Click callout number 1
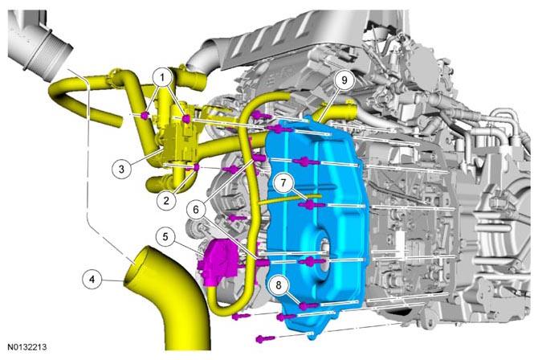pos(162,78)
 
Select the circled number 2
pos(166,200)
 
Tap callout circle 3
pos(121,169)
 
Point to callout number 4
pos(92,280)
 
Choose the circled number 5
pos(165,237)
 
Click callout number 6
pos(196,209)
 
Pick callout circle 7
pos(283,183)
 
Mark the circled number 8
pos(279,284)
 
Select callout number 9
pos(344,80)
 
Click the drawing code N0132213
pos(27,347)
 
